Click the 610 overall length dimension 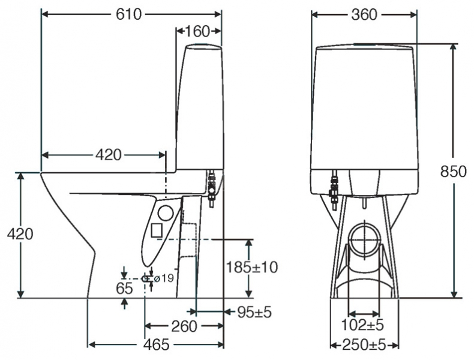[129, 14]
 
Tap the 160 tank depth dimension [197, 31]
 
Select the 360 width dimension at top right [364, 14]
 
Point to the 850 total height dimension [453, 172]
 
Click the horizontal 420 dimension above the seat [109, 155]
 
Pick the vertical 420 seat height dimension [20, 233]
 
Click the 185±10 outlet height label [252, 267]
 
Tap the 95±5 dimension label [254, 312]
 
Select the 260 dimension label [184, 326]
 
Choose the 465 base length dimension [156, 345]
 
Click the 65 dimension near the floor [124, 288]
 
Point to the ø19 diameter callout [164, 278]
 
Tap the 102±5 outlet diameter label [362, 325]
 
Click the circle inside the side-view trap [166, 213]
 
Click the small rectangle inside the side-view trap [156, 230]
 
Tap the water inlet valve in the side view [211, 188]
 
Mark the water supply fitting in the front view [334, 190]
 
